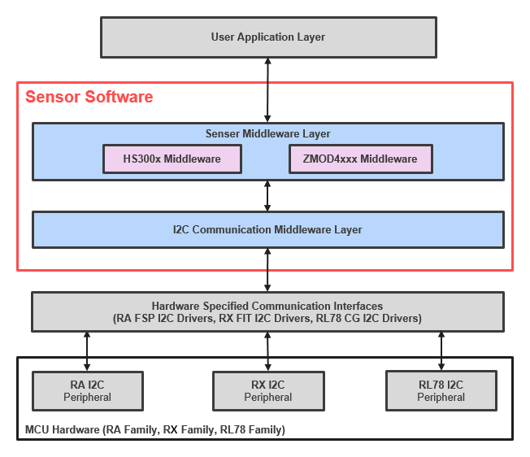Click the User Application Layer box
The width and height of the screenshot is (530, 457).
point(267,37)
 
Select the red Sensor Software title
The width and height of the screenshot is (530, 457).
point(89,98)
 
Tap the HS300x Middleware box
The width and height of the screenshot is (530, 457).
point(172,159)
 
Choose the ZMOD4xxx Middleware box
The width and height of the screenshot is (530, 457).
point(360,159)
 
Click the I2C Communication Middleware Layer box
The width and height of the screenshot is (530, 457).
point(267,229)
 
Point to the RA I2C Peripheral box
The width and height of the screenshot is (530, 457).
point(87,391)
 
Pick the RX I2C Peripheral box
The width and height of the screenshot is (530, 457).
point(267,391)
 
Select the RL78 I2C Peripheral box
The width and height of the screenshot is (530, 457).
point(441,391)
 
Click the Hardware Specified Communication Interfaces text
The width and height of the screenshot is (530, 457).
point(267,305)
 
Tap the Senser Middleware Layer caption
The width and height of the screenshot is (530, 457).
point(267,134)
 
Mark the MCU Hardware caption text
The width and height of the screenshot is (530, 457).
point(154,429)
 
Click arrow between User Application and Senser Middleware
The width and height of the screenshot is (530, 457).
point(267,89)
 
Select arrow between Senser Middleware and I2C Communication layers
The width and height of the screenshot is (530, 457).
point(267,195)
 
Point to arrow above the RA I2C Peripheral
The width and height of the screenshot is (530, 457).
point(87,350)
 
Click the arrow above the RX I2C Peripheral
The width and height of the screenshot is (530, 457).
point(267,350)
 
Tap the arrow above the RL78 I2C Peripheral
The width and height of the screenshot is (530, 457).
point(441,350)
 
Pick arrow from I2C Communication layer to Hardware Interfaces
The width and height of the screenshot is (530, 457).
point(267,270)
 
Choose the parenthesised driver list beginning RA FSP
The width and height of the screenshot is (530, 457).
point(267,319)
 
